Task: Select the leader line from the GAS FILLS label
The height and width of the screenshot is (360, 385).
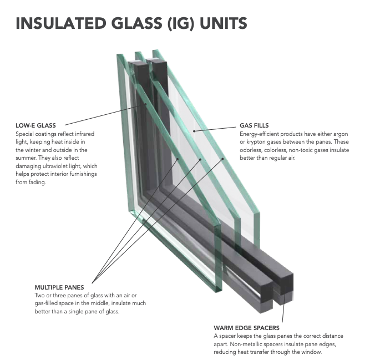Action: [216, 129]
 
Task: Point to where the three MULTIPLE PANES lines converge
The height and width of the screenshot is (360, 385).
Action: [94, 281]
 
